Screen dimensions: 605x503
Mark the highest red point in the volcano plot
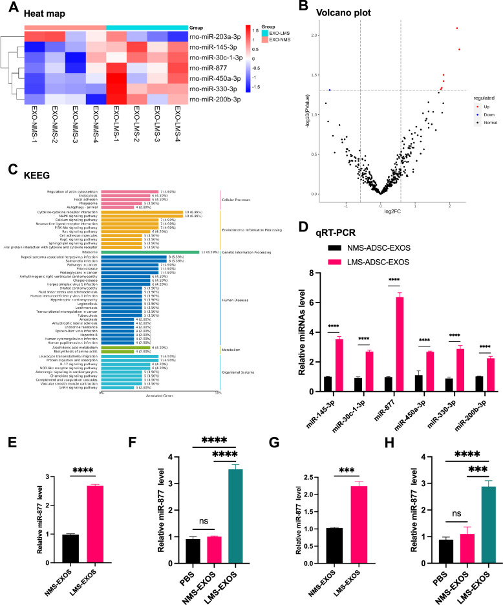click(x=457, y=28)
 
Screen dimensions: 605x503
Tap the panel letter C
click(x=10, y=169)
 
